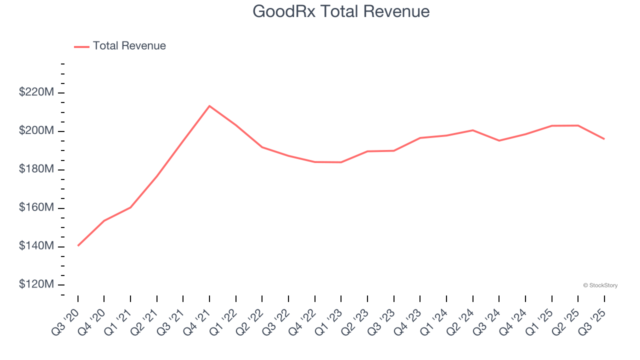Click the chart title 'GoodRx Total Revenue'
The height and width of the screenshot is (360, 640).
click(x=341, y=11)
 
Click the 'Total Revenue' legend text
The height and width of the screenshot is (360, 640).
click(x=129, y=46)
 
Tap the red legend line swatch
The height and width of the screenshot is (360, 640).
click(x=81, y=46)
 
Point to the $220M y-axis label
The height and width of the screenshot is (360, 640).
click(x=36, y=92)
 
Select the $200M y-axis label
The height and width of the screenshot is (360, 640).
click(x=36, y=131)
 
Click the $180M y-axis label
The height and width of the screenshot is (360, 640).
click(x=36, y=169)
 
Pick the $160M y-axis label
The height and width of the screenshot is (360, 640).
click(x=36, y=207)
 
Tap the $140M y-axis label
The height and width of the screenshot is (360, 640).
click(x=36, y=246)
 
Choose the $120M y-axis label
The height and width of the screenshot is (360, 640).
click(x=36, y=284)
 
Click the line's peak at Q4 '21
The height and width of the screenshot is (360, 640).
click(x=209, y=106)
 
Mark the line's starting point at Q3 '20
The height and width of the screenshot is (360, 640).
click(x=78, y=245)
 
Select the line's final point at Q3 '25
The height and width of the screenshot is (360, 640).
click(x=604, y=139)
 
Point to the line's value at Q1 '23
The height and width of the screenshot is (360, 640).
click(x=341, y=162)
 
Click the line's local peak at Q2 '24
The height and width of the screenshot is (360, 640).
click(x=472, y=130)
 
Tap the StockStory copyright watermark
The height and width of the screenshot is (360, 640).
click(x=600, y=285)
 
